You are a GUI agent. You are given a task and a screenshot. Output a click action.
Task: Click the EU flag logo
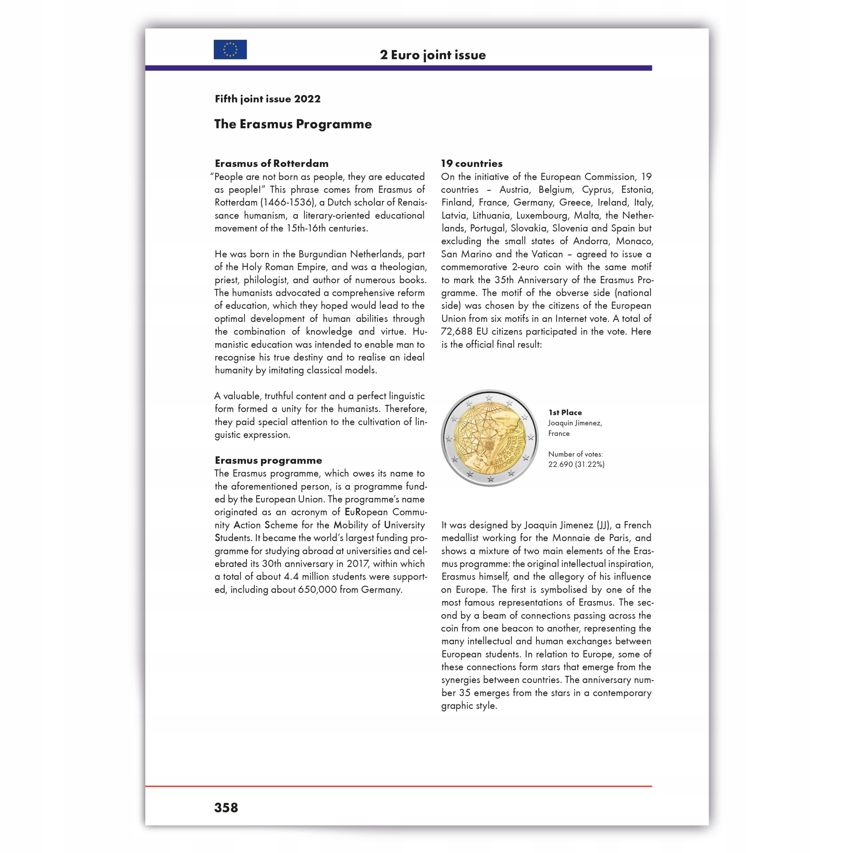click(230, 49)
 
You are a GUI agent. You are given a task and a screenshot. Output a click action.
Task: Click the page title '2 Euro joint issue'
click(433, 55)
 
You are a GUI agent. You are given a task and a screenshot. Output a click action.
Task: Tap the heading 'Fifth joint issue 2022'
click(268, 99)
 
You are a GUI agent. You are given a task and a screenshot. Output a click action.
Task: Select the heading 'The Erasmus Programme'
click(293, 124)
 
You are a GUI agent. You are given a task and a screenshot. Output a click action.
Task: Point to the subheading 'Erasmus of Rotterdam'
click(272, 163)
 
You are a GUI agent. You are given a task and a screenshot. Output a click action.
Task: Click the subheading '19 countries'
click(471, 163)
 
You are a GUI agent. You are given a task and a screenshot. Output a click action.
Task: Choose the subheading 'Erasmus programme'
click(269, 460)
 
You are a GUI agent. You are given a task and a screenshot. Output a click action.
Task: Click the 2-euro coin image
click(489, 438)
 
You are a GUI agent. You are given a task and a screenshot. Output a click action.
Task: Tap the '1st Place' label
click(565, 413)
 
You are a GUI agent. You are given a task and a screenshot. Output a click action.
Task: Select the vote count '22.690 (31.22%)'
click(576, 464)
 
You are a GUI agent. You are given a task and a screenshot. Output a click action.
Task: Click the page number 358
click(226, 808)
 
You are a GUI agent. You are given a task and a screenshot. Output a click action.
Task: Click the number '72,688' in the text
click(457, 332)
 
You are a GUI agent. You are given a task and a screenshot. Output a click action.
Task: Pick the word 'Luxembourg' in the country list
click(541, 216)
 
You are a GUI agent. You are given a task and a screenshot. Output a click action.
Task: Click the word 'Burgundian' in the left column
click(322, 254)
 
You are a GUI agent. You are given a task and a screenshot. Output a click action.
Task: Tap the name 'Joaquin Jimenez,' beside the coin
click(575, 423)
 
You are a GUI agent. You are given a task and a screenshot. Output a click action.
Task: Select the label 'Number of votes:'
click(575, 454)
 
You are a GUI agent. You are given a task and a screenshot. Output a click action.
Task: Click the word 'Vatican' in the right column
click(547, 254)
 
